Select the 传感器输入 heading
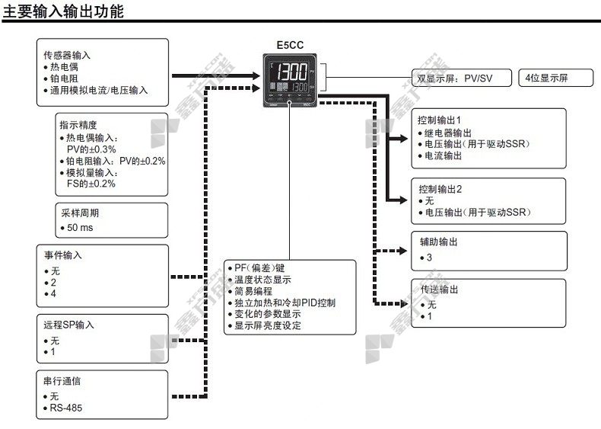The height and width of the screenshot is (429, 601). pos(67,56)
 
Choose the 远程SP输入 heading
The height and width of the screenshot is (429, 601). pos(69,325)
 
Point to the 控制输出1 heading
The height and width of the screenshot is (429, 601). pos(440,120)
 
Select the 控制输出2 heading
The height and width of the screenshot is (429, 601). pos(440,188)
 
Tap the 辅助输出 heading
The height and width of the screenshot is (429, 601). pos(439,242)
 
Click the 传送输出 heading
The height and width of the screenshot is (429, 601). pos(439,290)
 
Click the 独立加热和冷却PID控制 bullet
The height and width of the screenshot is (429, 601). pos(285,303)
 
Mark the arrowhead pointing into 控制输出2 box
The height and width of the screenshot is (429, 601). pos(403,200)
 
